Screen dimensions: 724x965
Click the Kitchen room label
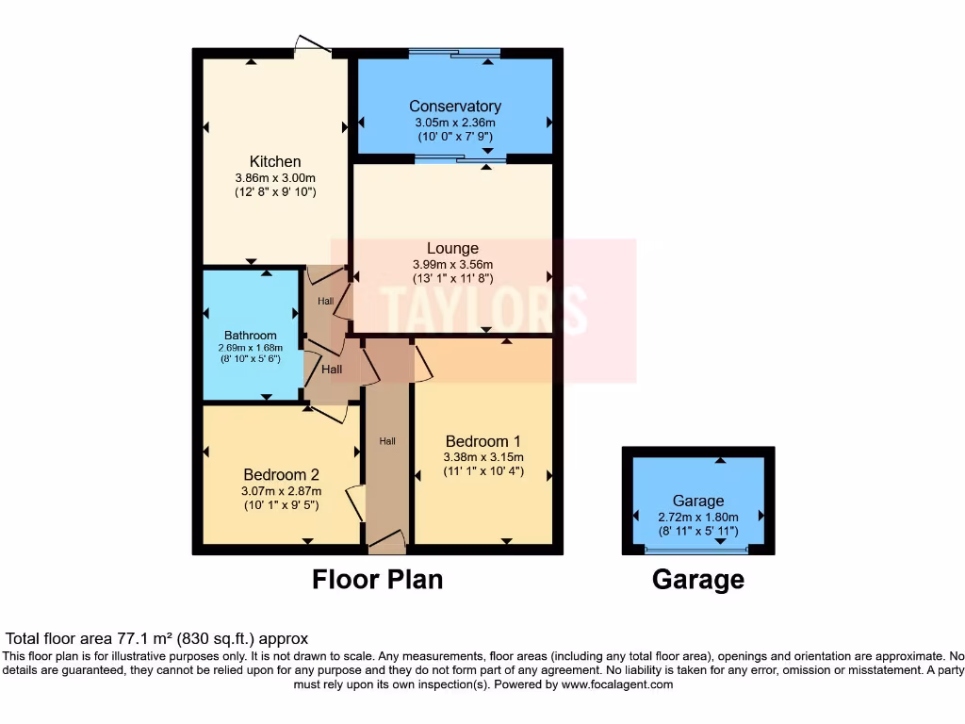click(x=275, y=161)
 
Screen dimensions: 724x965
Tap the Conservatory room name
click(x=454, y=107)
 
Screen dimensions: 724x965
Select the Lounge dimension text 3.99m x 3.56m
click(x=453, y=265)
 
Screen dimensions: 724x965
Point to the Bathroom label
click(x=251, y=335)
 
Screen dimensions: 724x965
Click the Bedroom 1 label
click(x=483, y=441)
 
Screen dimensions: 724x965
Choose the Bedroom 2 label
click(x=282, y=474)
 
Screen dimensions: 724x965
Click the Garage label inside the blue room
click(x=698, y=501)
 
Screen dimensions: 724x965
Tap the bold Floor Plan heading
click(x=377, y=579)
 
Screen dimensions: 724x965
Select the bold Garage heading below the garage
click(x=698, y=580)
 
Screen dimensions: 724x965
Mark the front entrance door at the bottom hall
click(x=386, y=541)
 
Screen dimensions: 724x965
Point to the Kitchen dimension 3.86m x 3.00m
click(x=275, y=177)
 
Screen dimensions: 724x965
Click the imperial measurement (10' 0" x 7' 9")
click(x=454, y=137)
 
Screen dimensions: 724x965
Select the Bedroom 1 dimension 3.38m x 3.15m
click(x=483, y=457)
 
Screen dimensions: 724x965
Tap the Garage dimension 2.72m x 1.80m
click(x=698, y=517)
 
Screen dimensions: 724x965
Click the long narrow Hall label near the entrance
click(x=387, y=440)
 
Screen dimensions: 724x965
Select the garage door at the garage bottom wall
click(x=698, y=550)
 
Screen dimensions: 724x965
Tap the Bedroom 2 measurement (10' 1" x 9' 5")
click(x=282, y=504)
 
